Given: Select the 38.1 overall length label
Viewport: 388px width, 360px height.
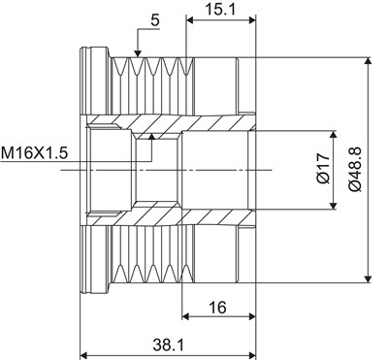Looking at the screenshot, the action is click(x=168, y=344).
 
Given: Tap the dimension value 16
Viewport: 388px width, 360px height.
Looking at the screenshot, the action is click(x=217, y=307).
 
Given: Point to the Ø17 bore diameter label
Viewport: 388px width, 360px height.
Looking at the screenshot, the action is click(x=323, y=169).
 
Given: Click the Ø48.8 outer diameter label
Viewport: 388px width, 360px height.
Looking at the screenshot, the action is click(x=355, y=169).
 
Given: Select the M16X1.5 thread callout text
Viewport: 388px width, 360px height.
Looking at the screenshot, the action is click(x=34, y=153).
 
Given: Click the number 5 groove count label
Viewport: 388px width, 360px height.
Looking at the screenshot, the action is click(x=155, y=20).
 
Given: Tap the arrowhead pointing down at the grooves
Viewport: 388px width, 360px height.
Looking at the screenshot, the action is click(x=138, y=54).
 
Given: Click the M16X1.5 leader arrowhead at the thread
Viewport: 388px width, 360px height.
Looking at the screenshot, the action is click(x=151, y=136).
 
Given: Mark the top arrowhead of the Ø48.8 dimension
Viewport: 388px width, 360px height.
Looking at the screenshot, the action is click(x=368, y=61).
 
